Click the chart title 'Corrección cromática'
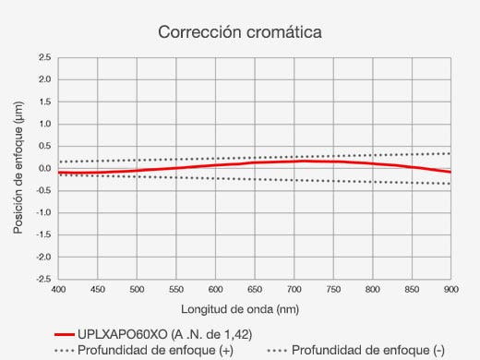click(239, 32)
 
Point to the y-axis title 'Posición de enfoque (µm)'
click(18, 167)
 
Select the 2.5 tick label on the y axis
click(44, 57)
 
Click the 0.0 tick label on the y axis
click(44, 168)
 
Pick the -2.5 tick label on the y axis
click(42, 279)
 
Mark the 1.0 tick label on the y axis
click(44, 124)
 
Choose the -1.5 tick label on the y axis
click(42, 234)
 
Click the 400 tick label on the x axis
click(58, 290)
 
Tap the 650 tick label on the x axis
click(255, 290)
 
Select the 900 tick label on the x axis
click(450, 290)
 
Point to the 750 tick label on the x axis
click(333, 290)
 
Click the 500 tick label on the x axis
click(137, 290)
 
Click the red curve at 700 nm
click(294, 162)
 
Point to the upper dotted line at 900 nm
click(450, 153)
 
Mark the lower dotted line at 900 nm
click(450, 184)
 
